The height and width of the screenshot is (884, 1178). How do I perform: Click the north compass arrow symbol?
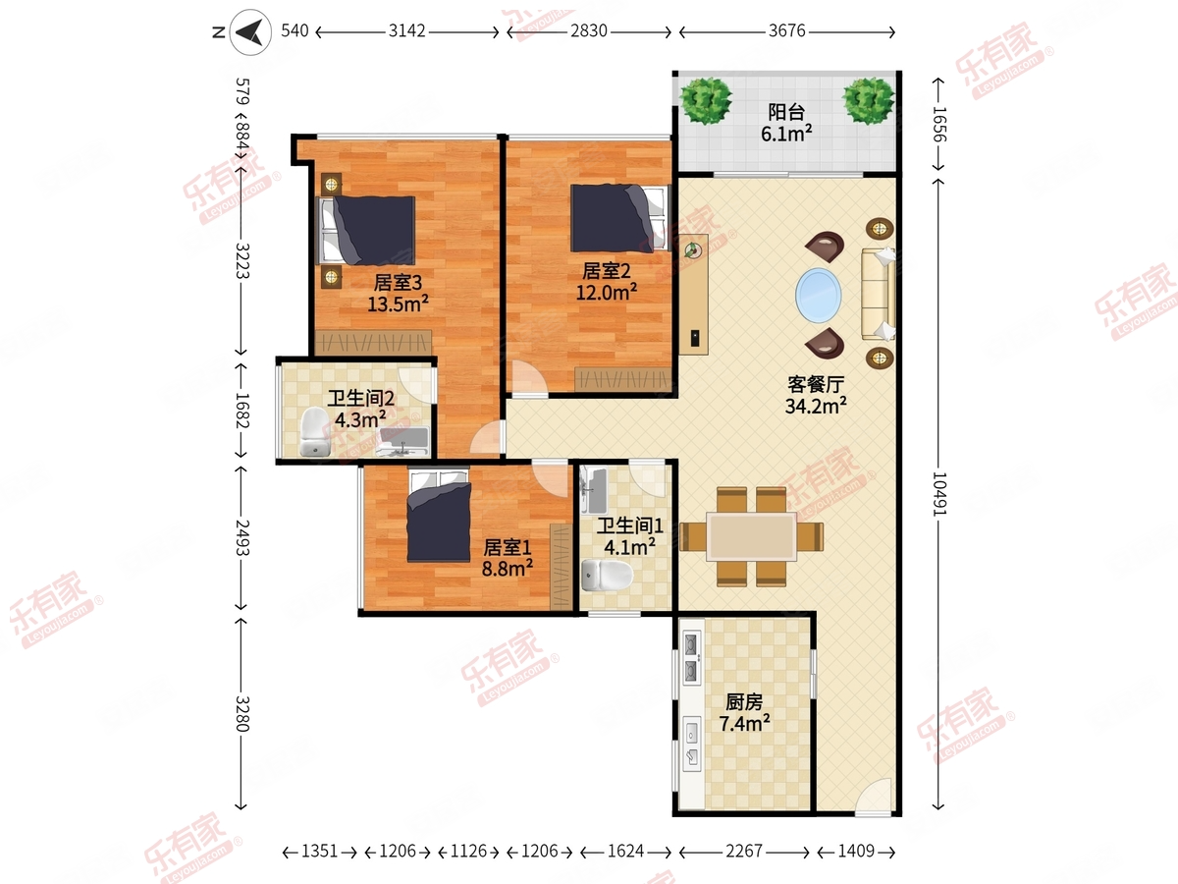[x=250, y=32]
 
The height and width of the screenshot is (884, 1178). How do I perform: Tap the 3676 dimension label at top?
[x=786, y=31]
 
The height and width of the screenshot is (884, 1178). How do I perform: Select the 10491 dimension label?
[x=939, y=494]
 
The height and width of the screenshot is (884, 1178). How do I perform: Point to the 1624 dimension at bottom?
[x=625, y=852]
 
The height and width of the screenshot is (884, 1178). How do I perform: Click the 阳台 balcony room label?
[x=786, y=112]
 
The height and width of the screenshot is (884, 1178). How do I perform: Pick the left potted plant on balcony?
[x=705, y=101]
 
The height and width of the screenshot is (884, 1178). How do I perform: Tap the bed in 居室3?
[x=367, y=230]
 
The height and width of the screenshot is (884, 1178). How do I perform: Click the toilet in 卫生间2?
[x=314, y=431]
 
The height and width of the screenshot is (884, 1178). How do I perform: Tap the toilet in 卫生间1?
[x=608, y=576]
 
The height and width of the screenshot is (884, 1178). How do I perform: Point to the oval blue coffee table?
[x=819, y=296]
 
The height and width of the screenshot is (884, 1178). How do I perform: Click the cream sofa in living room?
[x=879, y=294]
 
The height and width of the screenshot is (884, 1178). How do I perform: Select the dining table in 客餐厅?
[x=751, y=536]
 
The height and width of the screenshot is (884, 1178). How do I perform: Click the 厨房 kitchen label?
[x=744, y=701]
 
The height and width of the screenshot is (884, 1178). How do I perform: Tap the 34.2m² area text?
[x=816, y=406]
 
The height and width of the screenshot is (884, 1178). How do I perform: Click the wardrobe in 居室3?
[x=373, y=343]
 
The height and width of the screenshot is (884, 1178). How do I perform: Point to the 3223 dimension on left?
[x=242, y=261]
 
